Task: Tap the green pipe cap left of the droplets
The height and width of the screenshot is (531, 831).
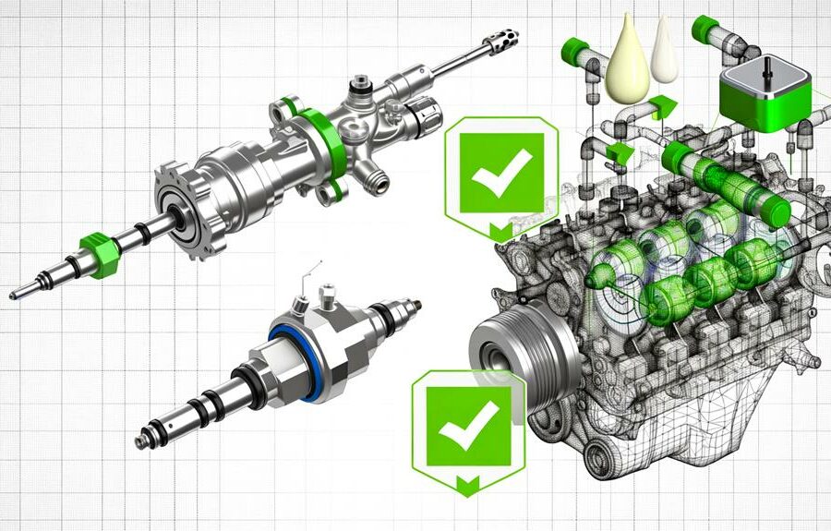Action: click(575, 51)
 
